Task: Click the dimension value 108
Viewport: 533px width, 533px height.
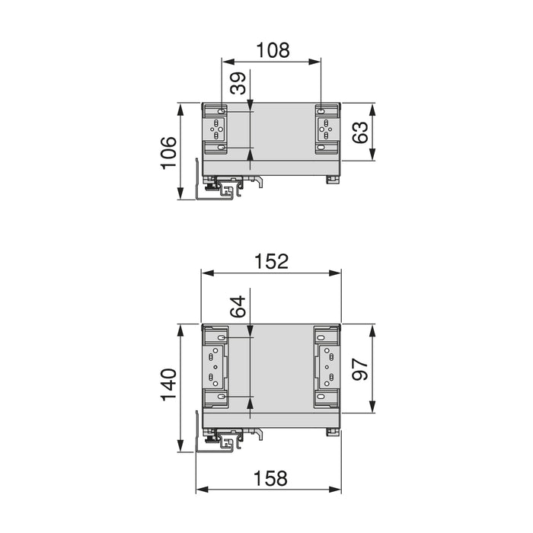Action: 273,50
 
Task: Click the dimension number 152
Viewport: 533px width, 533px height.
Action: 272,261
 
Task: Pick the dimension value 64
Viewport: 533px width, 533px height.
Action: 238,306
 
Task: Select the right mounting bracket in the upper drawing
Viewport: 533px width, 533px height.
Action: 326,129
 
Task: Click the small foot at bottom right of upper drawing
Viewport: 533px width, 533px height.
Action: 333,180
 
